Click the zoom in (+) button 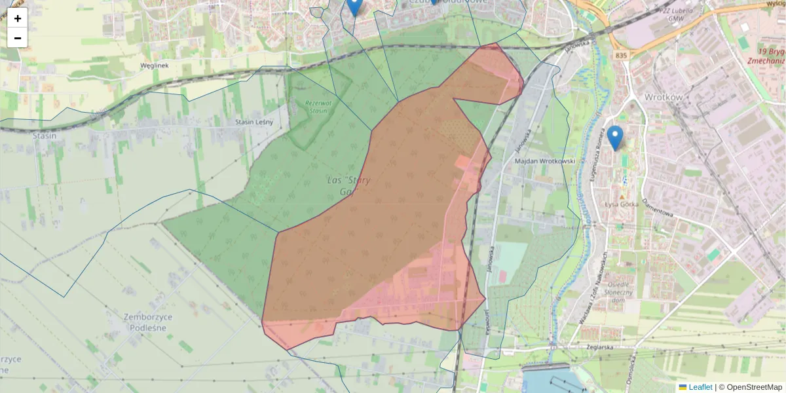[18, 18]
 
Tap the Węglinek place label [155, 65]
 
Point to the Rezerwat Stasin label [318, 106]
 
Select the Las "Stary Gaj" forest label [349, 186]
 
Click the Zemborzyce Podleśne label [148, 322]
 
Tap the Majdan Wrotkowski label [545, 160]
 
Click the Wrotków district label [664, 97]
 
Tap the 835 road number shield [622, 56]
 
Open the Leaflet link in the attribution [700, 387]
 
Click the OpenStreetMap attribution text [754, 387]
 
